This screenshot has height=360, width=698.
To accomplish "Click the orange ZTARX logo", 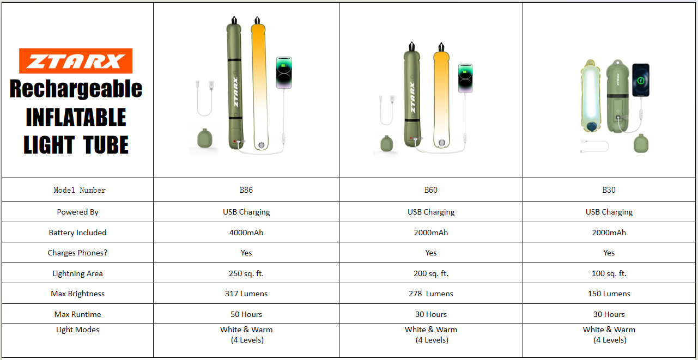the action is pyautogui.click(x=76, y=61).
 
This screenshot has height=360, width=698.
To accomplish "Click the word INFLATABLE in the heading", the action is pyautogui.click(x=76, y=117).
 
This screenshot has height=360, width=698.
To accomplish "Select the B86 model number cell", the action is pyautogui.click(x=246, y=190).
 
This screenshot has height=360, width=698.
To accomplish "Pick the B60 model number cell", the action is pyautogui.click(x=431, y=190).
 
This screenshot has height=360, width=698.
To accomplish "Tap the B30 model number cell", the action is pyautogui.click(x=609, y=190).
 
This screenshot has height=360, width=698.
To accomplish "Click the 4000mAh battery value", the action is pyautogui.click(x=246, y=233).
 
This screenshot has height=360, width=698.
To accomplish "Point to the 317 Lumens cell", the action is pyautogui.click(x=246, y=294).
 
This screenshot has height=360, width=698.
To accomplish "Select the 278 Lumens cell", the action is pyautogui.click(x=431, y=294).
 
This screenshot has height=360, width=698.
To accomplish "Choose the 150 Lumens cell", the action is pyautogui.click(x=609, y=294).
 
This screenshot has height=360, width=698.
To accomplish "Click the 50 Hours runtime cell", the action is pyautogui.click(x=246, y=314).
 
